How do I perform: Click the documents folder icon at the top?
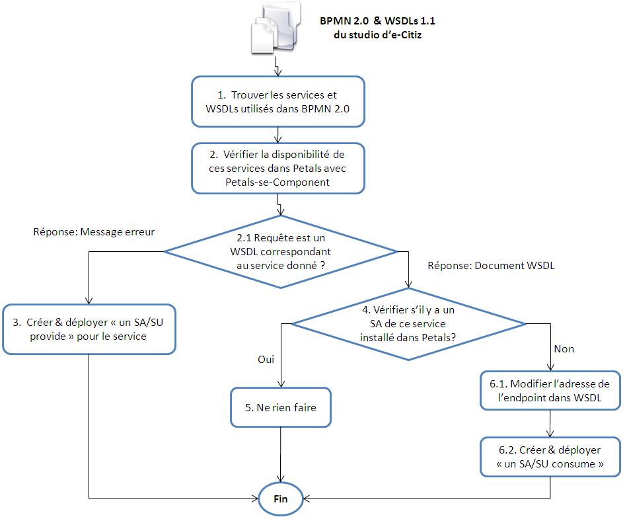point(276,28)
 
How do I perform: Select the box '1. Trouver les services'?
point(278,102)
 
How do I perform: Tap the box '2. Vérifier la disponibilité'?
point(278,169)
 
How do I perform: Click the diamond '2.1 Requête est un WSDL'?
point(281,252)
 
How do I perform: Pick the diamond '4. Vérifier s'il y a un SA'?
point(408,324)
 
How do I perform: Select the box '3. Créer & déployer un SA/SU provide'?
point(89,329)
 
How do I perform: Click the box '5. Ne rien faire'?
point(281,407)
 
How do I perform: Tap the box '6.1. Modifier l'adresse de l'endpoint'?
point(550,391)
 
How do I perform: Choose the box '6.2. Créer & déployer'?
point(550,457)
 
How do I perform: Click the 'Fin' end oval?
point(281,499)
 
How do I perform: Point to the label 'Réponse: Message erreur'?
point(94,232)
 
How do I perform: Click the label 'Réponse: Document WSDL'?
point(491,266)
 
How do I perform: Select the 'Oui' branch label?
point(266,360)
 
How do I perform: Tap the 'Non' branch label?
point(564,349)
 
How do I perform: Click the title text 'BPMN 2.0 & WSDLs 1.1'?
point(377,20)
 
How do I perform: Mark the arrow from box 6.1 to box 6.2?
point(550,424)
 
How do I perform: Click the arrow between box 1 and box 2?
point(278,135)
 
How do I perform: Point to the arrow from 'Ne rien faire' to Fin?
point(281,455)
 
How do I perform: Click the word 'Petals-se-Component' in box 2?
point(277,182)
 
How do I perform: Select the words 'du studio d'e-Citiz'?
point(377,34)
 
